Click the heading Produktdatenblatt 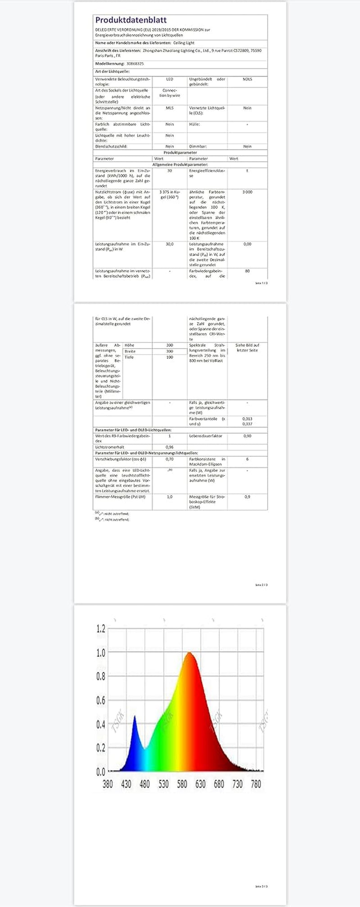(130, 20)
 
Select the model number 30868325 (135, 64)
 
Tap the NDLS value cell (247, 79)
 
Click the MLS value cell (170, 108)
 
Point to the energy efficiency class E (247, 171)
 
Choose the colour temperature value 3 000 (247, 192)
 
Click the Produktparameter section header (180, 153)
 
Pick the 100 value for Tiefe (170, 357)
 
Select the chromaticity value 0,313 (247, 419)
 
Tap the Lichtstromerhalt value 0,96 (170, 447)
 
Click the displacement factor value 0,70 (170, 459)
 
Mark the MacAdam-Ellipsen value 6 (247, 459)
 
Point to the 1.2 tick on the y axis (101, 629)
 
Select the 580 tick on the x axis (182, 784)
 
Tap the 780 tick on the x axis (256, 784)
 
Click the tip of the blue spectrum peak (135, 716)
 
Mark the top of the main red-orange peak (189, 652)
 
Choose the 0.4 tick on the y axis (101, 724)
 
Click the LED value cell (170, 79)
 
